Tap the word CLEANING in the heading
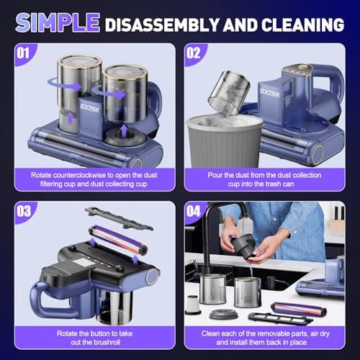coord(302,24)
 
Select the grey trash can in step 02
coord(228,145)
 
